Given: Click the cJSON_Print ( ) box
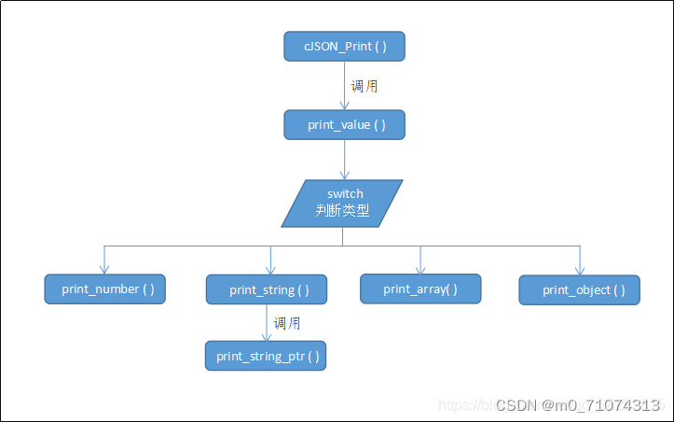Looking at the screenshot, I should click(x=344, y=47).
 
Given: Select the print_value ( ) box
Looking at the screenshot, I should click(x=344, y=124).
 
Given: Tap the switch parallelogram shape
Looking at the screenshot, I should click(x=342, y=203).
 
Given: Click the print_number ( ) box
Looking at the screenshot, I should click(x=104, y=289).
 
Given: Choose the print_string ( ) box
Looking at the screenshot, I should click(x=266, y=289).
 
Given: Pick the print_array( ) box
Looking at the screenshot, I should click(x=420, y=288).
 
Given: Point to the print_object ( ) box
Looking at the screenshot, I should click(x=579, y=289).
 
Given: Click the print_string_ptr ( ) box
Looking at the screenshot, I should click(x=266, y=356).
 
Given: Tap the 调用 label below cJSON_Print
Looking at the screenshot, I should click(x=365, y=86).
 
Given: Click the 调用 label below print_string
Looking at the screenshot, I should click(x=287, y=323).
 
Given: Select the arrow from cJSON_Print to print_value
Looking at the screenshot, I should click(x=345, y=86).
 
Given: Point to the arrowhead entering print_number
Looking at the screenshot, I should click(x=104, y=270).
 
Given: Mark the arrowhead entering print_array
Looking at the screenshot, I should click(x=420, y=269).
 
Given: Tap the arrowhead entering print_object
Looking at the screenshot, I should click(x=579, y=270).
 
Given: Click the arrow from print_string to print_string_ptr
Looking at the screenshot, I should click(x=266, y=323).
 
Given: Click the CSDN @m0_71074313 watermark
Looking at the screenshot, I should click(x=578, y=405).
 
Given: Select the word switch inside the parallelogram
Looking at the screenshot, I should click(x=345, y=194).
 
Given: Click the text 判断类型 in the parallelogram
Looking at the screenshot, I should click(x=342, y=211).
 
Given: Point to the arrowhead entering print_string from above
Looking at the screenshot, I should click(x=270, y=270).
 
